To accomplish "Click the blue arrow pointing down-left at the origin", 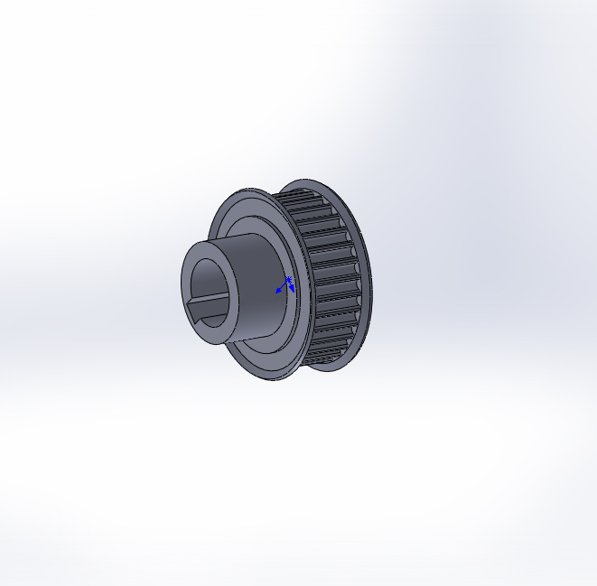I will pos(279,291).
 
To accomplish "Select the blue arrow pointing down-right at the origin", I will pos(292,289).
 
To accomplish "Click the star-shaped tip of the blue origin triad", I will pos(288,279).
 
